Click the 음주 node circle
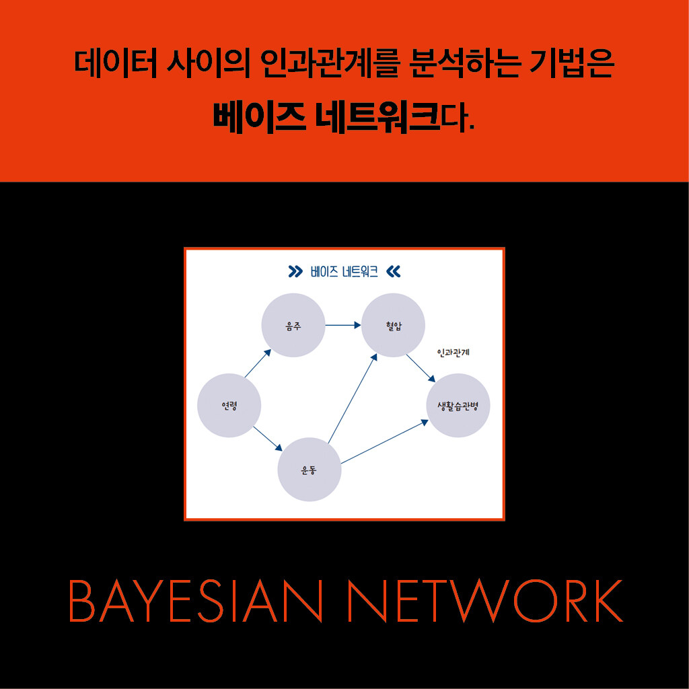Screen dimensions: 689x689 click(x=293, y=325)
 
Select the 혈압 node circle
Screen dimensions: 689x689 click(x=393, y=325)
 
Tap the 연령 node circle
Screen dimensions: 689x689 click(x=229, y=405)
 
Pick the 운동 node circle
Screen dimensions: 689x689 click(x=310, y=469)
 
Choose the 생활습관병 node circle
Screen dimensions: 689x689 click(x=458, y=405)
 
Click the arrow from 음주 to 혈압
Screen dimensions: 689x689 click(x=343, y=325)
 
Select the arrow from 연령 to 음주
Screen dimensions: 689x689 click(x=258, y=363)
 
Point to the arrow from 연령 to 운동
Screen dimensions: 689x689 click(x=268, y=439)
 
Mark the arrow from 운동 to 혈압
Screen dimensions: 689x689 click(x=353, y=398)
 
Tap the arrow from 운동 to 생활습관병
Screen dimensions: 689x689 click(x=384, y=441)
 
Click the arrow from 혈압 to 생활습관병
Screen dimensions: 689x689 click(x=421, y=368)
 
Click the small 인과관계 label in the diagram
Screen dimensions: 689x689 click(x=454, y=353)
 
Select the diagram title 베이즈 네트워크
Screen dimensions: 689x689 click(x=344, y=272)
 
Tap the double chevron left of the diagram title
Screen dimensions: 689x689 click(x=296, y=272)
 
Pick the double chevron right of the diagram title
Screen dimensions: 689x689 click(x=393, y=272)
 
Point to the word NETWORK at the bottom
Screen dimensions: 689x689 click(x=486, y=601)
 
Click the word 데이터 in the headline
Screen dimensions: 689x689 click(x=116, y=63)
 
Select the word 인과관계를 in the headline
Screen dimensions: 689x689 click(x=330, y=63)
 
